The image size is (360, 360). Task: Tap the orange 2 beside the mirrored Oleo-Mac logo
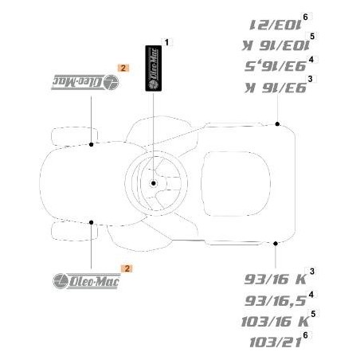point(122,68)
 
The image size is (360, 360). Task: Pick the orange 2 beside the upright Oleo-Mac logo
point(122,271)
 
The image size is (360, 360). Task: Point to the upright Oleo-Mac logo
point(83,280)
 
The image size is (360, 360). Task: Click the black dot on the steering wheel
point(153,182)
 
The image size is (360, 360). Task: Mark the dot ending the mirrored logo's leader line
point(92,144)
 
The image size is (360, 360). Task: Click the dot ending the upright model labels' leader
point(276,242)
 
